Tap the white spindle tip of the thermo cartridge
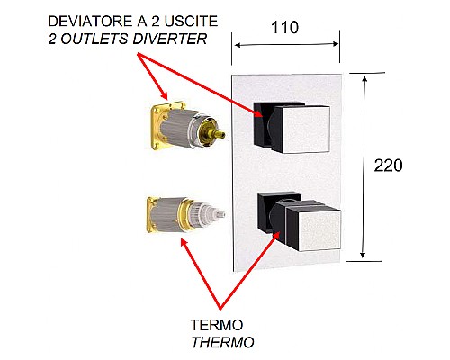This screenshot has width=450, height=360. (216, 216)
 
